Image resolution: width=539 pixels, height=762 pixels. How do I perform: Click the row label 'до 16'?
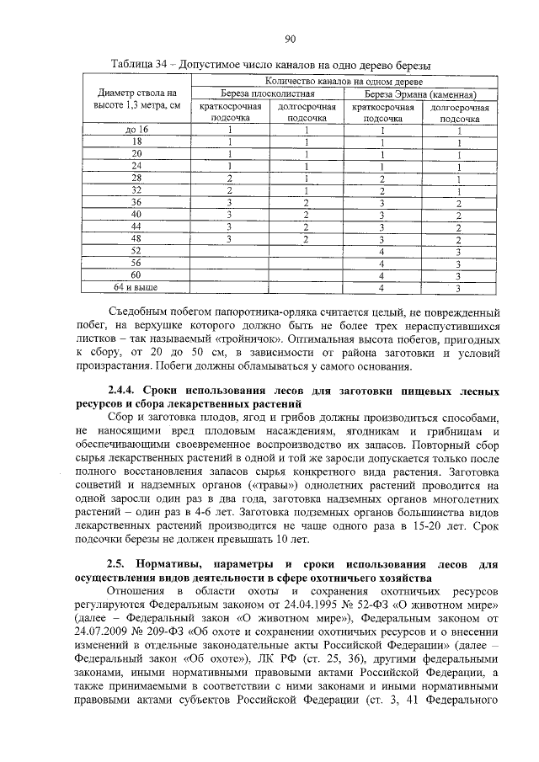[136, 130]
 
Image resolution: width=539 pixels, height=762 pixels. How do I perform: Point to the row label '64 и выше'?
[136, 288]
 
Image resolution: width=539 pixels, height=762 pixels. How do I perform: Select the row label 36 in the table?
[136, 203]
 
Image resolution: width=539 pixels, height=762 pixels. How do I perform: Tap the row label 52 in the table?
[136, 251]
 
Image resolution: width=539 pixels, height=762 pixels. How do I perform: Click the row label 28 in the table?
[136, 179]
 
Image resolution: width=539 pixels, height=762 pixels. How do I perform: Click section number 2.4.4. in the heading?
[125, 392]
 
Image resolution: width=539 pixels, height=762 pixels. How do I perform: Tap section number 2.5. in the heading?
[120, 562]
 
